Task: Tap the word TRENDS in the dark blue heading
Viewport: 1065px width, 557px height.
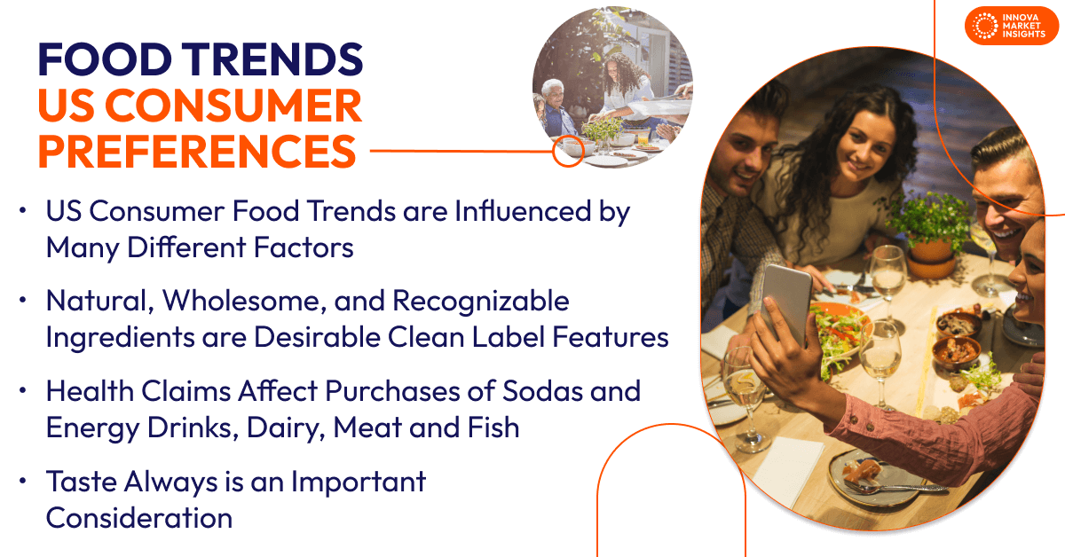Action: point(276,59)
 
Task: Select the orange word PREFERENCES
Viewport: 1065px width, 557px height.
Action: point(196,151)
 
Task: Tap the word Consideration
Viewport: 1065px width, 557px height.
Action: point(139,517)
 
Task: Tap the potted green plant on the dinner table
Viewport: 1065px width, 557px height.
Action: point(931,222)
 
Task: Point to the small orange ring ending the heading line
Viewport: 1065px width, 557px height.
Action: point(565,152)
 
